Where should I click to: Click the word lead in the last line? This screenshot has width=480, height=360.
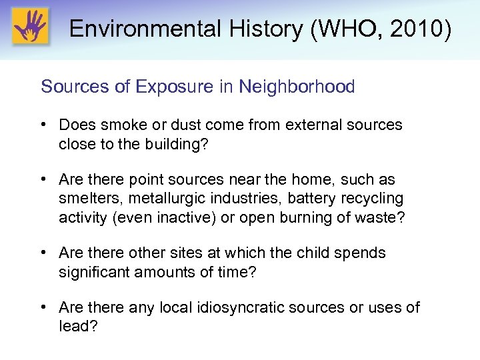[74, 326]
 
